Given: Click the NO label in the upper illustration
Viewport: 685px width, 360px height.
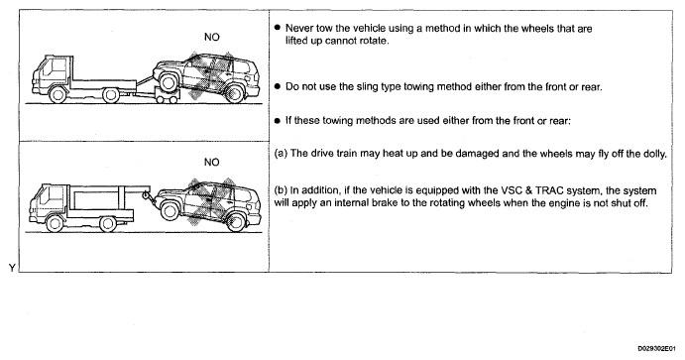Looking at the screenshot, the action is point(212,37).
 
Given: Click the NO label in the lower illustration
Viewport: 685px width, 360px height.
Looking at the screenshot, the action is point(212,162).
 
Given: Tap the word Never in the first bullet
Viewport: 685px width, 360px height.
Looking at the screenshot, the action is point(299,29).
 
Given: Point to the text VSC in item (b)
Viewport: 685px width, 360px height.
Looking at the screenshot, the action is point(513,191).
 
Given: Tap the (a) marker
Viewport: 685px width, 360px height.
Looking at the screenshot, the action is point(281,154).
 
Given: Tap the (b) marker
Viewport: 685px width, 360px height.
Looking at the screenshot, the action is point(281,191).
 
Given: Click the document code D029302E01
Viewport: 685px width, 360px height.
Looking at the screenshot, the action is point(656,348).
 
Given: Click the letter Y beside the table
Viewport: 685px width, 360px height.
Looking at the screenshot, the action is point(12,268).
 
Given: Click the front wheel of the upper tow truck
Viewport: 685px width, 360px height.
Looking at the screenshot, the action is point(57,95).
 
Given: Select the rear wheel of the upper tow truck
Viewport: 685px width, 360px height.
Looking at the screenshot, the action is point(111,95).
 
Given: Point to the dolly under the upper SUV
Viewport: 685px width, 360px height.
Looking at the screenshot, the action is point(168,96).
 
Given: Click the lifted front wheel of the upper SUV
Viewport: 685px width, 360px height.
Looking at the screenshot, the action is point(169,82).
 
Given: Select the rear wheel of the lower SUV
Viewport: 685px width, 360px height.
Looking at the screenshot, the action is point(236,222).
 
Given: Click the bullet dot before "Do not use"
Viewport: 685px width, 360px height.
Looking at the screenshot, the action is point(277,86).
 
